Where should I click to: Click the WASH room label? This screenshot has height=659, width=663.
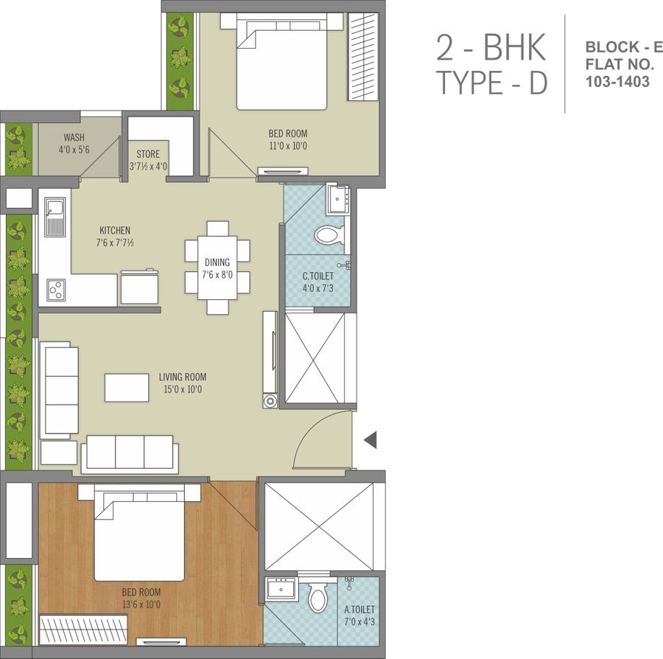(x=74, y=137)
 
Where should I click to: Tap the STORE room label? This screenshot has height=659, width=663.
(x=148, y=154)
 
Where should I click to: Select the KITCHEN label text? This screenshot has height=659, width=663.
(x=115, y=231)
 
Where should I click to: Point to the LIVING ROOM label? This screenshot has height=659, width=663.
(x=183, y=377)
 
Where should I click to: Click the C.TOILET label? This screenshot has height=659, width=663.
(x=318, y=276)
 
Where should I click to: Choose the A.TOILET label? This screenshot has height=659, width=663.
(x=359, y=610)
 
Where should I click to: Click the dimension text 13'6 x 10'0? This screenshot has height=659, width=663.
(x=141, y=604)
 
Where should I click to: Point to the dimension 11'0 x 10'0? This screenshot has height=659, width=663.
(x=288, y=146)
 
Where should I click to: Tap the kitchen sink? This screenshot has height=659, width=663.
(x=55, y=217)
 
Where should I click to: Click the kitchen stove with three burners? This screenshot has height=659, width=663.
(x=56, y=290)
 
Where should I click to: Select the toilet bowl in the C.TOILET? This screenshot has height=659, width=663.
(x=329, y=235)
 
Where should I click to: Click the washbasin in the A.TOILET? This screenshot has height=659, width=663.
(x=281, y=588)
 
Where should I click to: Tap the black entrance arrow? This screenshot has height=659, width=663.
(x=371, y=440)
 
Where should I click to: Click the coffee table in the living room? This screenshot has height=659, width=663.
(x=127, y=388)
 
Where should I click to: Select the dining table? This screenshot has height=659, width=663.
(x=217, y=268)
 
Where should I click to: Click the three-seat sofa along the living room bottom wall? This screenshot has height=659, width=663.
(x=130, y=454)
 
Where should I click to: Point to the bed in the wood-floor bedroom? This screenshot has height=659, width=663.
(x=139, y=533)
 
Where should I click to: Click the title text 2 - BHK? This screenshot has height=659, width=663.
(x=491, y=47)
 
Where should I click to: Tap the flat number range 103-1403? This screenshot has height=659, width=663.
(x=617, y=81)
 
